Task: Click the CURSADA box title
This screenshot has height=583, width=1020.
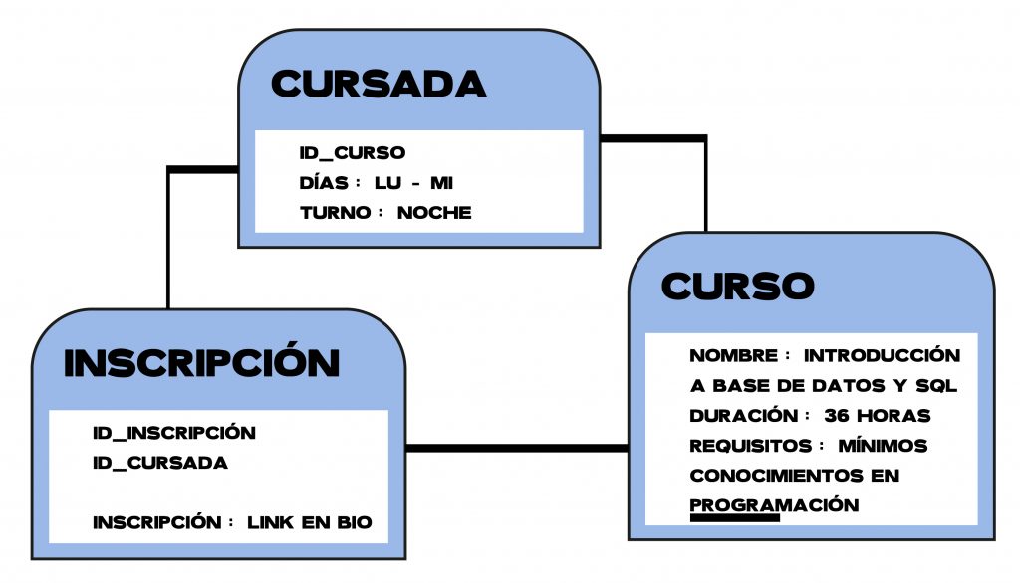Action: click(x=379, y=85)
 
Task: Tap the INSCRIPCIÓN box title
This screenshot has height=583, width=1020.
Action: click(x=201, y=364)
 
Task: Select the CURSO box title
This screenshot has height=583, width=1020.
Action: click(x=737, y=287)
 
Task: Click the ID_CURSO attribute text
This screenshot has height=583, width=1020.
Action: click(x=353, y=153)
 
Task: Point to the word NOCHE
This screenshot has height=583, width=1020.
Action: click(x=434, y=213)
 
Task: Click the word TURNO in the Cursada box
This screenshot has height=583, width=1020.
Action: click(x=333, y=213)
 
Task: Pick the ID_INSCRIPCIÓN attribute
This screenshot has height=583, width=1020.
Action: click(x=174, y=433)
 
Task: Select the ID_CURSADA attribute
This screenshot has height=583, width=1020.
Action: click(x=160, y=463)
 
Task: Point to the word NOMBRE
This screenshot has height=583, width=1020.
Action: click(x=733, y=355)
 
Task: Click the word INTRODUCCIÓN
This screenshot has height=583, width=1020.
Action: click(x=882, y=355)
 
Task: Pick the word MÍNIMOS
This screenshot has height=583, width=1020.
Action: click(x=883, y=445)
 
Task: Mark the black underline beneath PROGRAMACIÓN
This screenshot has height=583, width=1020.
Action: click(x=734, y=517)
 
